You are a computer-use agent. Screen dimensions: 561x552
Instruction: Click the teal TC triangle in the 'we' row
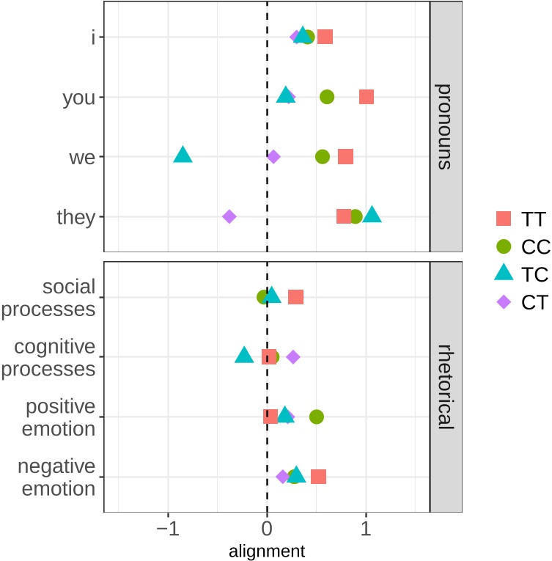coord(183,155)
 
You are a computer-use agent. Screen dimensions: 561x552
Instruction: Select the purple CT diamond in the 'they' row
coord(229,216)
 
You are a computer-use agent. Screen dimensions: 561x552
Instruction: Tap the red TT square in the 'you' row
coord(366,97)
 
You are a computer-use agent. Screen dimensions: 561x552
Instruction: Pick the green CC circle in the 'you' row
coord(327,97)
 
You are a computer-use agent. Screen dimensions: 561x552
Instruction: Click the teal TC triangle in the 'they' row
coord(372,215)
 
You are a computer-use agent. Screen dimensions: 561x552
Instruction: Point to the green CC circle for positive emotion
coord(317,417)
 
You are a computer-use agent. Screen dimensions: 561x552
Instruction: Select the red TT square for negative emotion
coord(318,477)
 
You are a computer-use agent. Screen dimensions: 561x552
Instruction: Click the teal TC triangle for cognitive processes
coord(244,356)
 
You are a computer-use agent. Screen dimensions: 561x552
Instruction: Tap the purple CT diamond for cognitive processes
coord(293,357)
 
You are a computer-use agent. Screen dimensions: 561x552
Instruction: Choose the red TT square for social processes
coord(295,297)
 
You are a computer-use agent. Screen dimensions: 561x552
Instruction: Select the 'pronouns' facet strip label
coord(445,126)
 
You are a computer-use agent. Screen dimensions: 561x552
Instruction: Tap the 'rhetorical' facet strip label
coord(445,386)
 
